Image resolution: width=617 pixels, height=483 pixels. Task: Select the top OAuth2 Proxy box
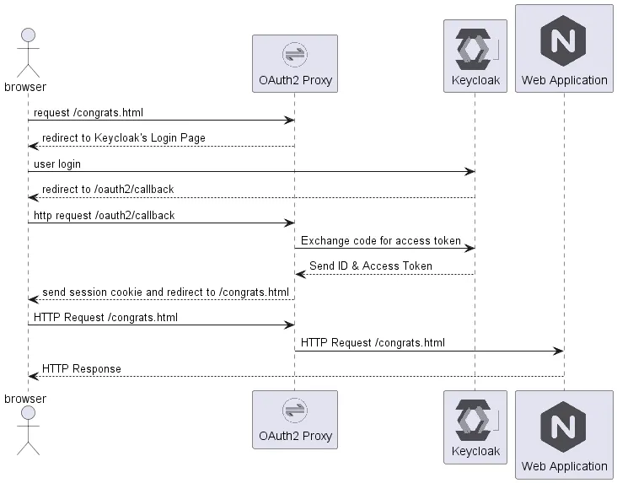click(294, 63)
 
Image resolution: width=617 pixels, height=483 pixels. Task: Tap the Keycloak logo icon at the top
click(475, 49)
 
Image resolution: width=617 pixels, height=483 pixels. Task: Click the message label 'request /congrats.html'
click(82, 112)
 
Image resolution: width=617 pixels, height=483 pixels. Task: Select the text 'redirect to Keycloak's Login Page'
click(123, 138)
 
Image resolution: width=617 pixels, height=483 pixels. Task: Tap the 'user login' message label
click(57, 164)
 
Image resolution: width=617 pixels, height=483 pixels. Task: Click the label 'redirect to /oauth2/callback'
click(108, 190)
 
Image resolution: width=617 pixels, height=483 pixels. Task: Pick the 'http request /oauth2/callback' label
click(104, 216)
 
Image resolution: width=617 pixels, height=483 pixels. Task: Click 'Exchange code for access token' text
click(381, 241)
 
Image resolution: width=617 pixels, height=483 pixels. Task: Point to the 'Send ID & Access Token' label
click(370, 266)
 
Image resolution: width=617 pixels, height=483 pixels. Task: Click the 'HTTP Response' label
click(81, 369)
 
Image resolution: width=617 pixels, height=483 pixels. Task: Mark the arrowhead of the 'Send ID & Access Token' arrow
click(300, 274)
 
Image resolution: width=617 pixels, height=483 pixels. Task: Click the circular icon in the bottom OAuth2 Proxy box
click(294, 412)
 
